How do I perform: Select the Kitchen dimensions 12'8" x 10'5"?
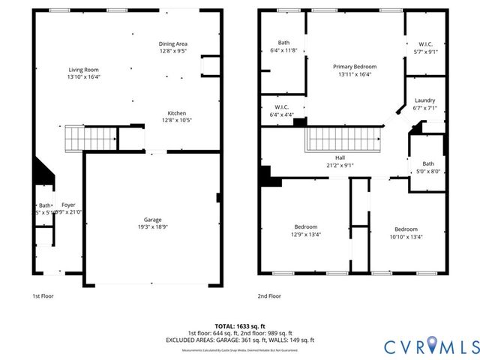(176, 121)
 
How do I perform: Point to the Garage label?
(153, 220)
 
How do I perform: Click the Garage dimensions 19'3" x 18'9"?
(153, 227)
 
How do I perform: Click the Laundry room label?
(424, 100)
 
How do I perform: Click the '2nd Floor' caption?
(270, 296)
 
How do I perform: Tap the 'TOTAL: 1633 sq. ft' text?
(239, 326)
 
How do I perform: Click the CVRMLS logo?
(431, 346)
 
